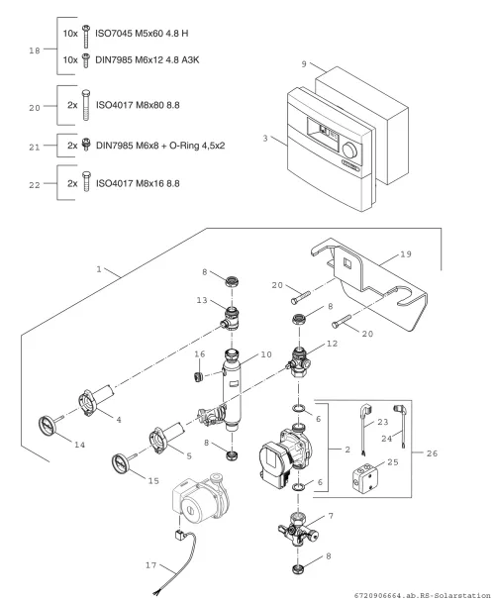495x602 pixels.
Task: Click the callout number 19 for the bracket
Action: pos(406,253)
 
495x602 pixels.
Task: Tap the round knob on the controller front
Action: pos(349,150)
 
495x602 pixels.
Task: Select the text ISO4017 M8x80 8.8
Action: pos(138,105)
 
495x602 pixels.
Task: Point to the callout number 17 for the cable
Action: pos(150,565)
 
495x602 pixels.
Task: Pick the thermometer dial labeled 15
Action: pos(121,463)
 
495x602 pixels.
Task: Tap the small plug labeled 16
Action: pos(197,376)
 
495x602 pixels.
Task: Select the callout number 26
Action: pos(432,453)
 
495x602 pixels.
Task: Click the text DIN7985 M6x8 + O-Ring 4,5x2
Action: pos(160,146)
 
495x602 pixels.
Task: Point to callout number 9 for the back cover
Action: pos(304,64)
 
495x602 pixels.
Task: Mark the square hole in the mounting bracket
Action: pos(347,263)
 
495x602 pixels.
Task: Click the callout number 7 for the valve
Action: pos(331,516)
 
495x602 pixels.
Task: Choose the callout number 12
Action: pos(332,344)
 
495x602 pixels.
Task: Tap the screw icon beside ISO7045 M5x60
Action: pos(86,36)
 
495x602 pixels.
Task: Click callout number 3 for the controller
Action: pos(265,139)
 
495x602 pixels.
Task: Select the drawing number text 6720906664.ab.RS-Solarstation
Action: pos(422,595)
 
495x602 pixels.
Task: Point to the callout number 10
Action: pos(266,354)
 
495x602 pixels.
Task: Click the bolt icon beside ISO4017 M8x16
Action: pos(86,181)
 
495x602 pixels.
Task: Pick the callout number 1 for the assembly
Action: pos(99,269)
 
